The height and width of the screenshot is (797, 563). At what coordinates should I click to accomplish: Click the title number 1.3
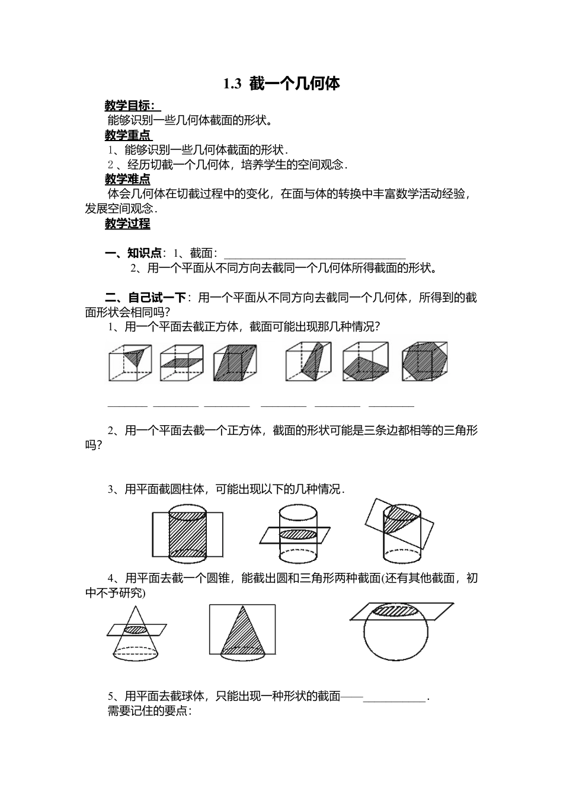[x=232, y=84]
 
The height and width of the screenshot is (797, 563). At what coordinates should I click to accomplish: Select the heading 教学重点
[x=127, y=135]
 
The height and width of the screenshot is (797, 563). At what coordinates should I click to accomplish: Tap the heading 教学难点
[x=127, y=179]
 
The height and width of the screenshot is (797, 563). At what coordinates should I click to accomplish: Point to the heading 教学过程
[x=127, y=224]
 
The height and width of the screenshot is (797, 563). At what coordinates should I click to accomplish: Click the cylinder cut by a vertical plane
[x=187, y=533]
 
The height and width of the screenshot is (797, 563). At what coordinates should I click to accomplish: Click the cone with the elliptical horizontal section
[x=136, y=633]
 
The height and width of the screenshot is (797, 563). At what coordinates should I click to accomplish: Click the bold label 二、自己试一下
[x=146, y=298]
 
